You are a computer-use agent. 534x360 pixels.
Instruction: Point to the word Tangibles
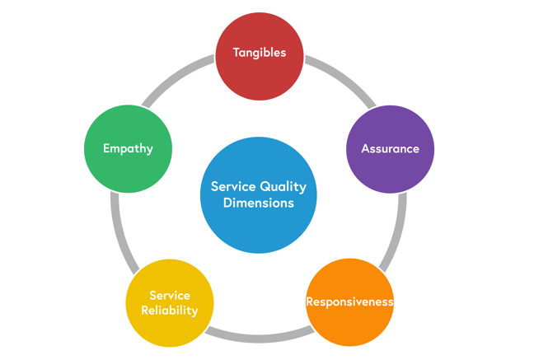259,53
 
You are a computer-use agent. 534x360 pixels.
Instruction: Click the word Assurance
390,149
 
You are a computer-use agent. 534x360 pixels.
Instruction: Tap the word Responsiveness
349,302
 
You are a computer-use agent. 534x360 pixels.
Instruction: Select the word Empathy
128,149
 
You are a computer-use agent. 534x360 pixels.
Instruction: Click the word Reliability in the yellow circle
170,311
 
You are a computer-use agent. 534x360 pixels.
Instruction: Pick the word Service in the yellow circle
170,295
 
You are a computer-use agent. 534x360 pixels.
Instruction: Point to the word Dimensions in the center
259,203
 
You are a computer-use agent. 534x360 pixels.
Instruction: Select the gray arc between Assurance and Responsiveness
398,231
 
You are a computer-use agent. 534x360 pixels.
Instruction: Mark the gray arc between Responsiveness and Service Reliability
259,336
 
